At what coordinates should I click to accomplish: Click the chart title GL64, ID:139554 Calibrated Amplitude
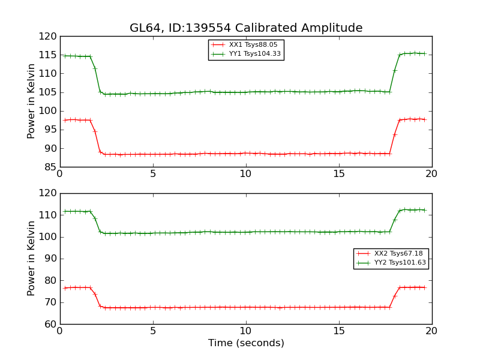pos(246,28)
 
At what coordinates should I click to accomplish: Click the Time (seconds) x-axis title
pos(246,343)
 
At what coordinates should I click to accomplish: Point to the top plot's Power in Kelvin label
pos(32,101)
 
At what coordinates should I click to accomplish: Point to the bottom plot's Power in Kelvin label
pos(32,259)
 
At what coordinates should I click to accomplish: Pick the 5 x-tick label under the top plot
pos(153,174)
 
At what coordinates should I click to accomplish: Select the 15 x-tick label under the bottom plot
pos(339,331)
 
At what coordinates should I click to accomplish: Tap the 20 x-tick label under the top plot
pos(431,174)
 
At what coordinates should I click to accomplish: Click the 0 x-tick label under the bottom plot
pos(60,331)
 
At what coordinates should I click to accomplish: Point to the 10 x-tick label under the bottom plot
pos(246,331)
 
